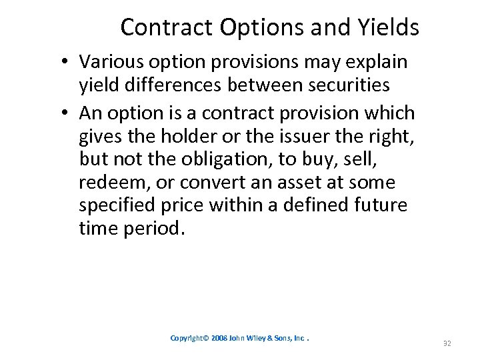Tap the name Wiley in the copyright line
[260, 338]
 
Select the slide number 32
[447, 343]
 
